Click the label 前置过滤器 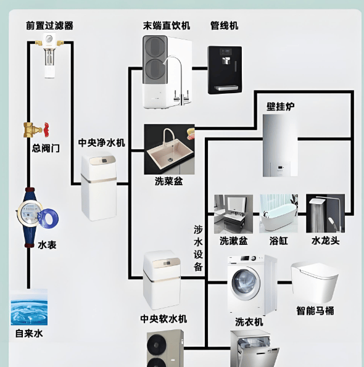(49, 25)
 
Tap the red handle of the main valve (46, 129)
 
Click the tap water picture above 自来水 (29, 307)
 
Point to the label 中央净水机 (101, 142)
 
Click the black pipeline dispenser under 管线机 (225, 70)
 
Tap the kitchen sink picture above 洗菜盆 (169, 149)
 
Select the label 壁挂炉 (281, 107)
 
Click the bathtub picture (279, 213)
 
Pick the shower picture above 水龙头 (325, 213)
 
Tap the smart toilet (315, 282)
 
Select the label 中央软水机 (163, 319)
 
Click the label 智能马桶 (315, 311)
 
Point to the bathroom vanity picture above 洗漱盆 (233, 214)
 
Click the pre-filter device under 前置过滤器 (50, 56)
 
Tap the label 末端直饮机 (167, 25)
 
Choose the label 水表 (47, 245)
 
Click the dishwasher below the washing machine (255, 348)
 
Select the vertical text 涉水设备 (198, 248)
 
